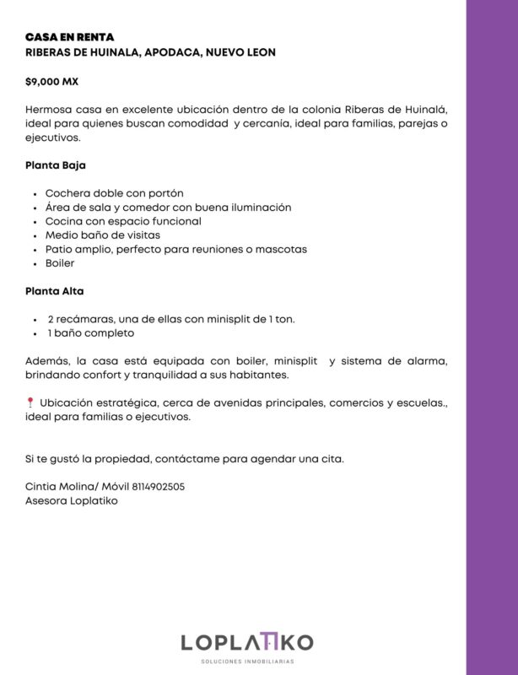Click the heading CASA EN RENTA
click(x=69, y=38)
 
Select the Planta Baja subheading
click(x=56, y=165)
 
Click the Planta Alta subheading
click(x=55, y=291)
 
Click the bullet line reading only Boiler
click(x=60, y=263)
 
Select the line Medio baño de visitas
click(x=102, y=235)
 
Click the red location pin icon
click(x=30, y=402)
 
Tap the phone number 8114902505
click(x=155, y=487)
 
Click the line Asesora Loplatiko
click(x=72, y=500)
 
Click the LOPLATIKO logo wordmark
click(x=246, y=643)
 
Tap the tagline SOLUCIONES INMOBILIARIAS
click(x=246, y=662)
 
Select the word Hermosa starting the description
click(x=50, y=111)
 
